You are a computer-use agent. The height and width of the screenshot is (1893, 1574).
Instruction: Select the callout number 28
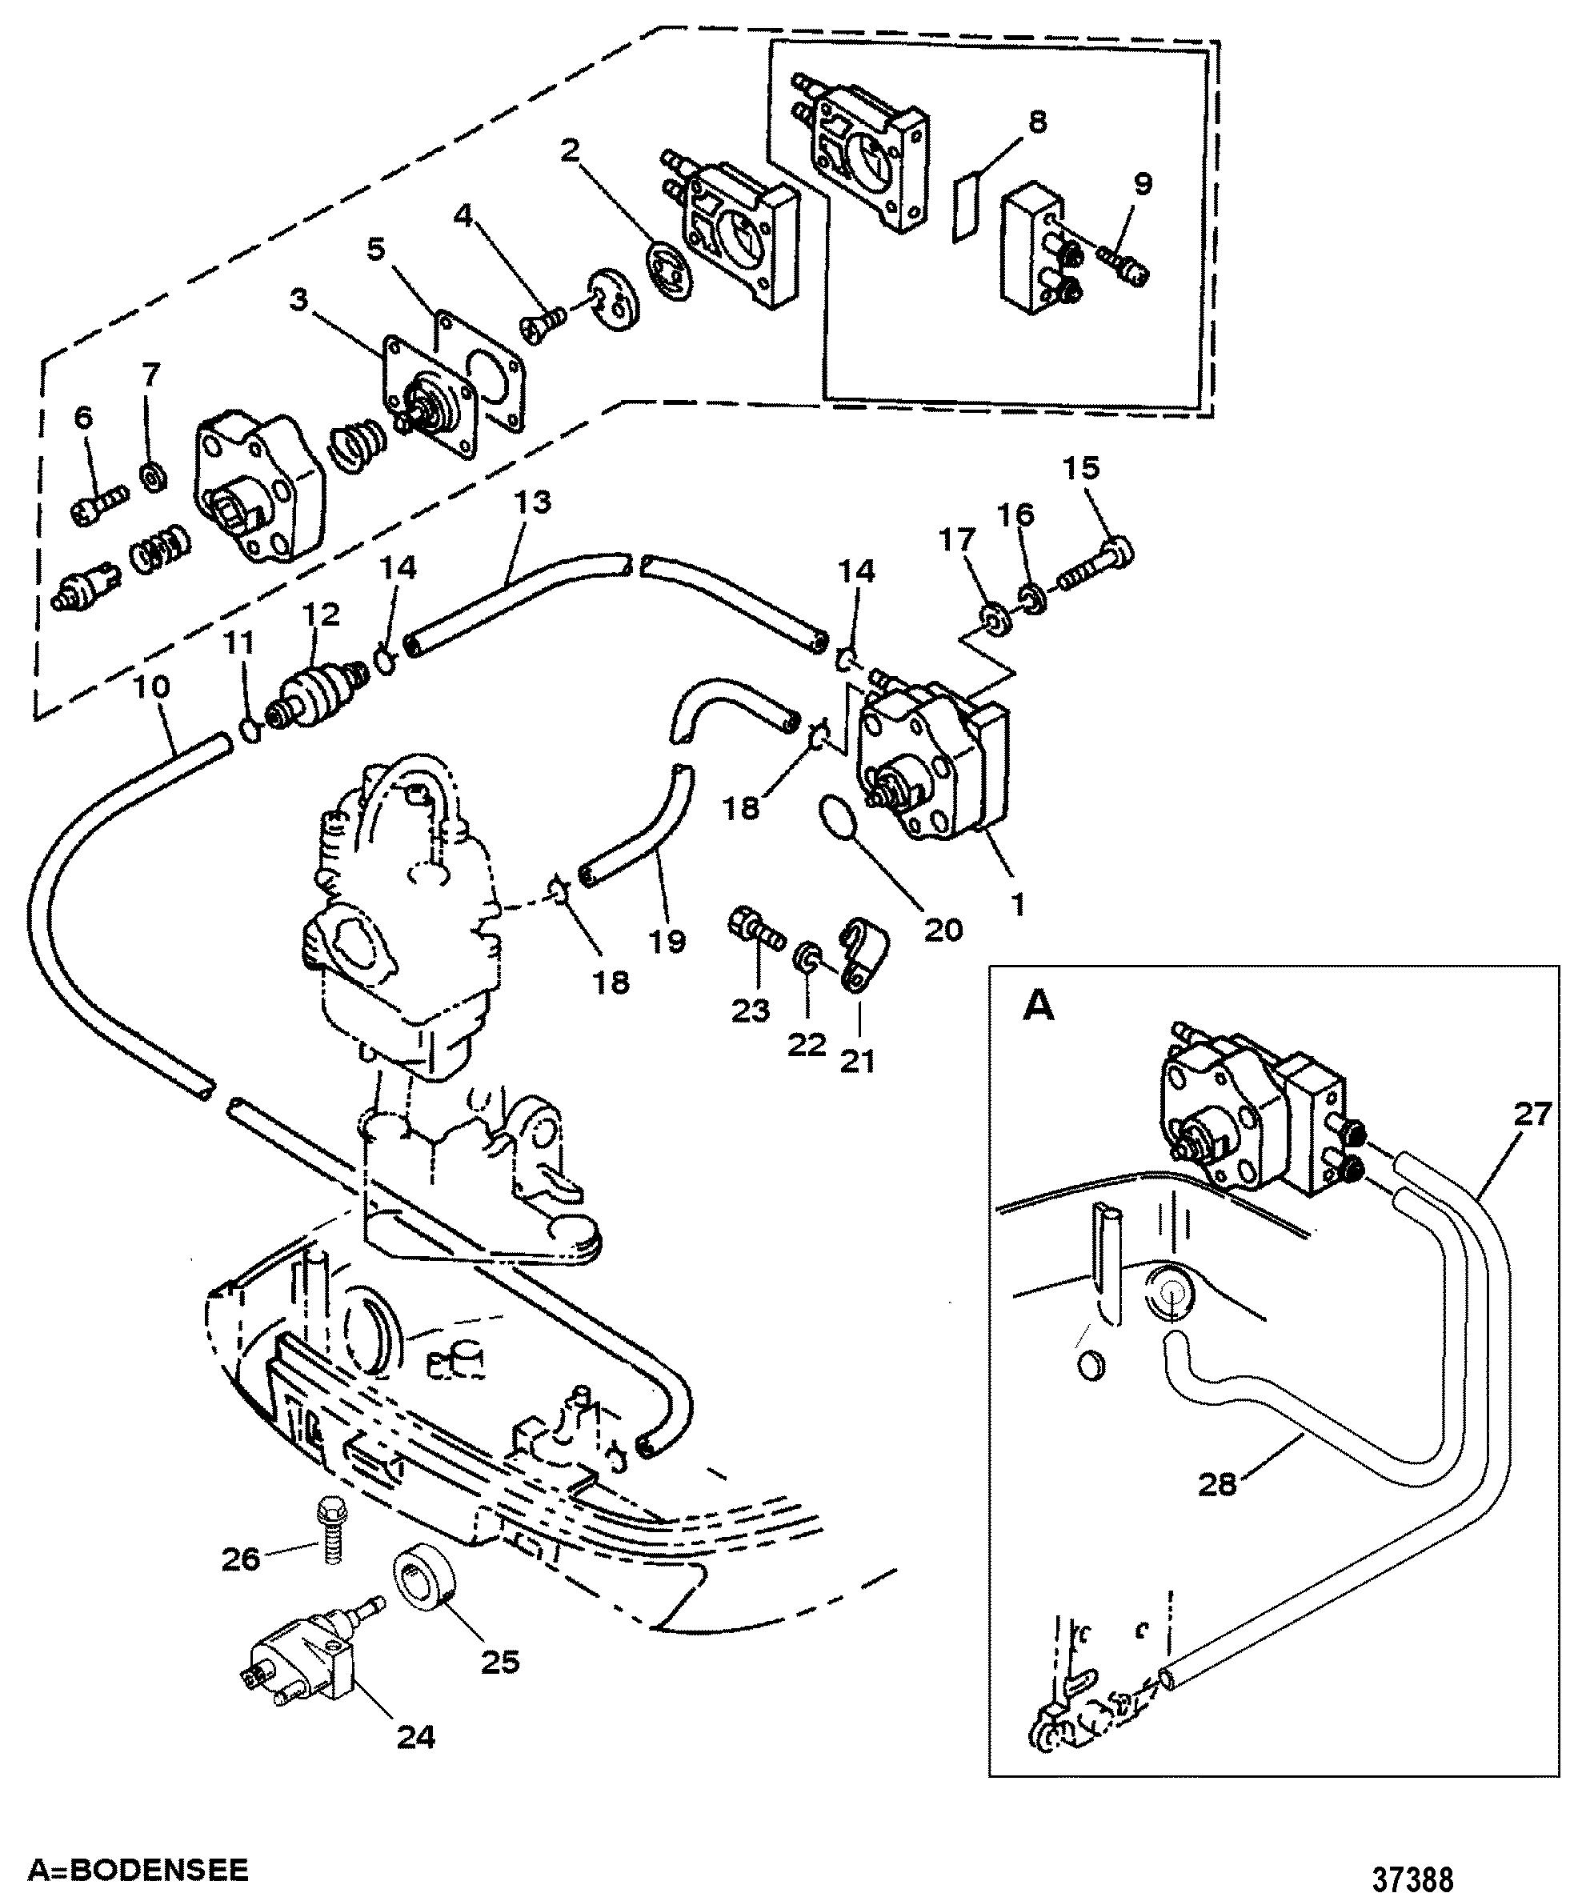point(1217,1483)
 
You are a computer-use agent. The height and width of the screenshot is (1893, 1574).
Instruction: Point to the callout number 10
point(151,688)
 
